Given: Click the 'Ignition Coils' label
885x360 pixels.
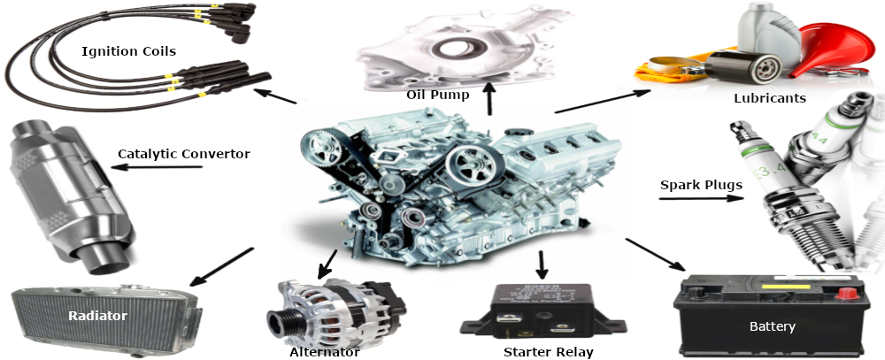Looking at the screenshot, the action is tap(128, 52).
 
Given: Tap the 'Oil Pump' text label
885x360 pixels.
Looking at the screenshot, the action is tap(438, 95).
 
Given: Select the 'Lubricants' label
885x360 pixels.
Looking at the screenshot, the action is tap(770, 98).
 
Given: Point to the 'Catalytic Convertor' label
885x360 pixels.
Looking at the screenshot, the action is tap(184, 154).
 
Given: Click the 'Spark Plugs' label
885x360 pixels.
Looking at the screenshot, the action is tap(701, 185).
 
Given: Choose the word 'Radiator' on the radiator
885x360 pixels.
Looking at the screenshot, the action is tap(97, 316).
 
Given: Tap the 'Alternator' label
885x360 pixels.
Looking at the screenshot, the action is tap(325, 353).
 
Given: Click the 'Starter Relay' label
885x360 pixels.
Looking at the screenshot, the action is tap(549, 353).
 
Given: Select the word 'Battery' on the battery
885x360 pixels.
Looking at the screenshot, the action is tap(772, 326).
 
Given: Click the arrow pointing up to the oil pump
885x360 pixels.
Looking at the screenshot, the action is tap(489, 98).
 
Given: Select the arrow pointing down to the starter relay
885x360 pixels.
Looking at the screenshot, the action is tap(542, 265).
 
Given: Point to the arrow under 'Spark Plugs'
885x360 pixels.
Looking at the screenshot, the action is tap(701, 198).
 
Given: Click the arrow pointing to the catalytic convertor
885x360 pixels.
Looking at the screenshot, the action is tap(157, 167).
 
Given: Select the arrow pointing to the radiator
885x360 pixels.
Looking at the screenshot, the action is tap(222, 266).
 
